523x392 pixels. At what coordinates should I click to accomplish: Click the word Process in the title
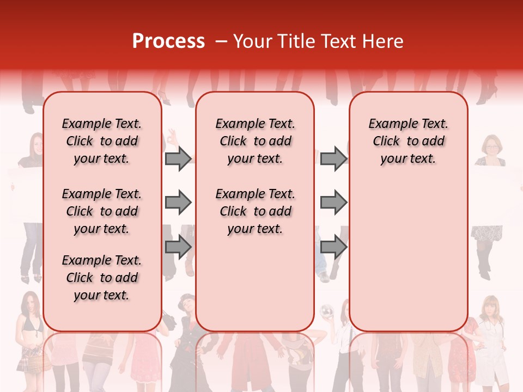[168, 41]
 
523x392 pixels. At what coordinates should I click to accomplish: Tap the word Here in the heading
[384, 41]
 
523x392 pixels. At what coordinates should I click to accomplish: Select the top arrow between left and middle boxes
[178, 158]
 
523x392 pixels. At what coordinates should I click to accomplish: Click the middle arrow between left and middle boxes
[178, 203]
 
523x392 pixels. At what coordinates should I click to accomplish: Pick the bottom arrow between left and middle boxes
[178, 247]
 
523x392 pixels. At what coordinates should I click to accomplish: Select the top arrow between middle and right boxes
[333, 158]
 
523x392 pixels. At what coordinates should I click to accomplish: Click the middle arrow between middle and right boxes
[333, 203]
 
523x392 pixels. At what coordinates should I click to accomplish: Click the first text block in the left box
[102, 141]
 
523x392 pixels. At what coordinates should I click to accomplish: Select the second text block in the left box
[102, 211]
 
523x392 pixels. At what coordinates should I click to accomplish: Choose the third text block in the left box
[102, 278]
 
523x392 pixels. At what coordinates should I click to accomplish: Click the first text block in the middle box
[255, 141]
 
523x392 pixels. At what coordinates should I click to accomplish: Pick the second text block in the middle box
[255, 211]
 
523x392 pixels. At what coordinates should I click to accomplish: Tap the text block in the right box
[409, 141]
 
